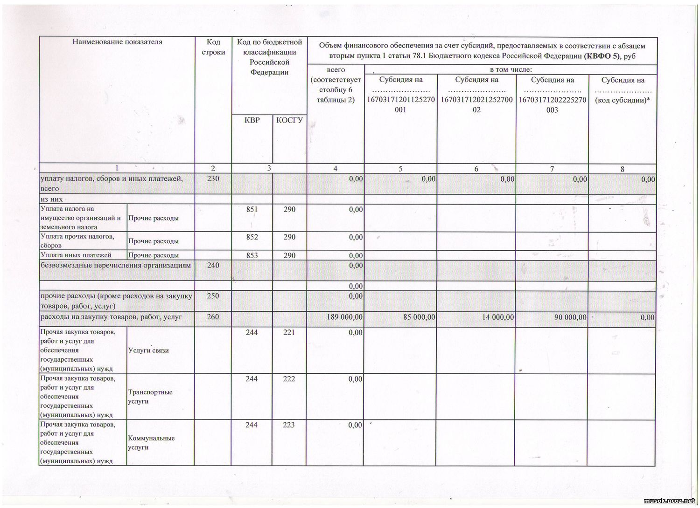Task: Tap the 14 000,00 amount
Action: click(495, 317)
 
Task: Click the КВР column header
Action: click(252, 120)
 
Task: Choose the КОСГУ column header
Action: click(289, 120)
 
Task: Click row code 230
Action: click(213, 178)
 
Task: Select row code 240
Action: click(213, 265)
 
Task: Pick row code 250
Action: click(213, 296)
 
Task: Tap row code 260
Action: click(213, 317)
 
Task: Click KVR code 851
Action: click(252, 209)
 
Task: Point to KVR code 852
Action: click(252, 237)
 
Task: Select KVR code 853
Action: click(252, 255)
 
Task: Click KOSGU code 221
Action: click(289, 332)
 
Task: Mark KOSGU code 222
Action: click(289, 379)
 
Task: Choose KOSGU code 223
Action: click(289, 425)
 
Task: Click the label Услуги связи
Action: click(148, 350)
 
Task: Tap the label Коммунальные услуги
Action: click(151, 443)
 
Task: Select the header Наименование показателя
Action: click(117, 42)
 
